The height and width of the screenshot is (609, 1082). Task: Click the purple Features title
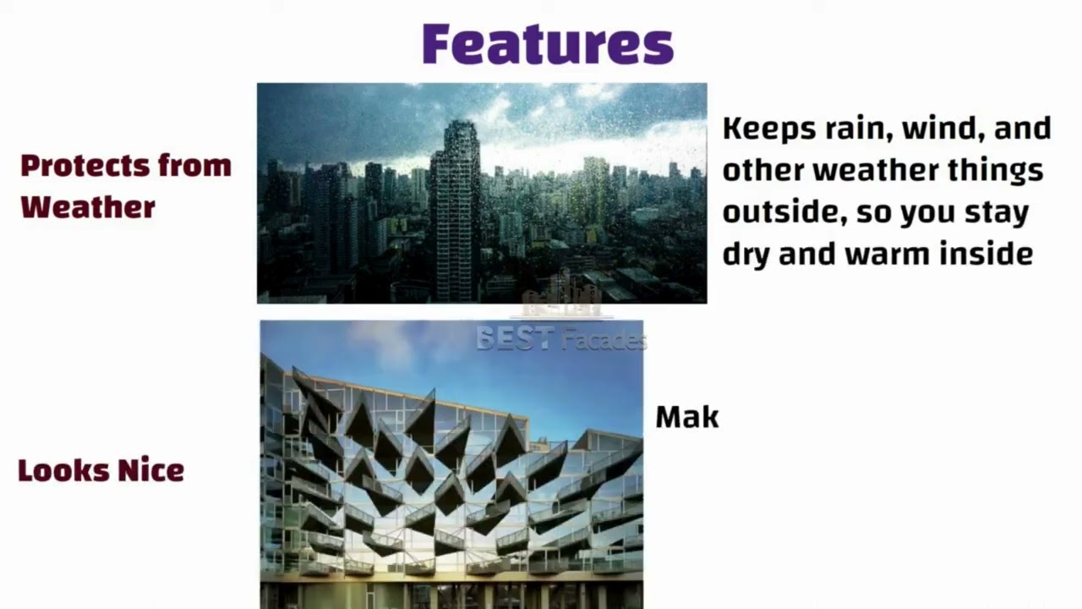point(548,44)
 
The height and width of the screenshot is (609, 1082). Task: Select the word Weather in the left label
point(88,206)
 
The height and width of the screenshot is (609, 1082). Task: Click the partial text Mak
point(686,417)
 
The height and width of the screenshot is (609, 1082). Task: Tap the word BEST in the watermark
point(514,339)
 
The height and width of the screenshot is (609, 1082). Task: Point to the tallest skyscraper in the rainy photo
point(455,211)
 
